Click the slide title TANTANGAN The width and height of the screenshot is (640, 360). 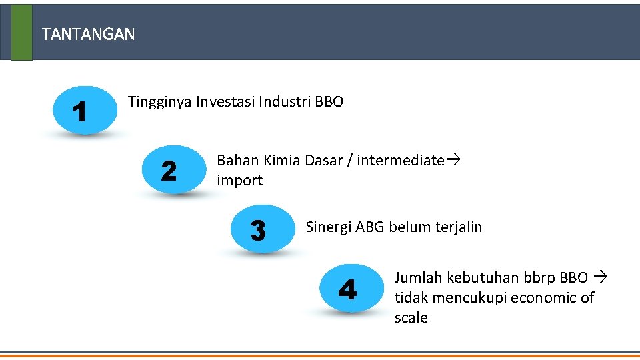[x=88, y=34]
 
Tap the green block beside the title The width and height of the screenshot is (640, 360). [x=21, y=32]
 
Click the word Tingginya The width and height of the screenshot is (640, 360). [x=159, y=103]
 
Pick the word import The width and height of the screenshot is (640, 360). [x=240, y=181]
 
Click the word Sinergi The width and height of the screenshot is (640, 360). [x=329, y=227]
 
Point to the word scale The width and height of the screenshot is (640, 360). [x=411, y=318]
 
